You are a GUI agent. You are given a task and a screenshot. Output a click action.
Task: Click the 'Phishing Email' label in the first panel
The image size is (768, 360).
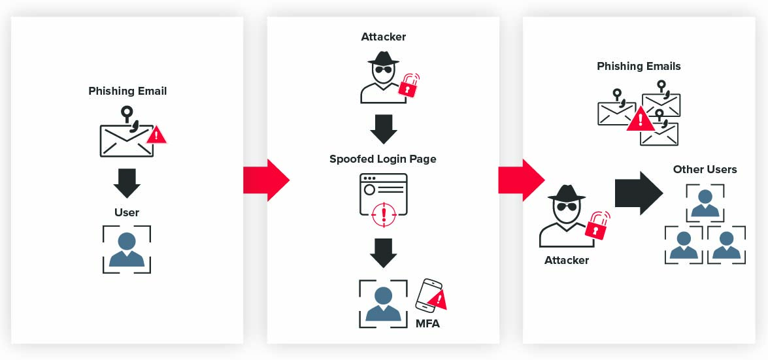[x=127, y=91]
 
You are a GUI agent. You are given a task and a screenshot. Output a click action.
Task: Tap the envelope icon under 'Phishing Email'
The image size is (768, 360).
[x=126, y=139]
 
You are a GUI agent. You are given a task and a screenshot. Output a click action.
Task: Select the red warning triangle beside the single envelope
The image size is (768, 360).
[x=156, y=135]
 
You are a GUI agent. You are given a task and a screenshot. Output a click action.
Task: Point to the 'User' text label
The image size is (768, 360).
[x=127, y=212]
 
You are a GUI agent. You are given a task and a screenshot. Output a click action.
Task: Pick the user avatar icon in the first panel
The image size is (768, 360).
[x=127, y=249]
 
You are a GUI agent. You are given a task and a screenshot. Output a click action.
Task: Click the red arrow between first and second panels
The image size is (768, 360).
[x=265, y=180]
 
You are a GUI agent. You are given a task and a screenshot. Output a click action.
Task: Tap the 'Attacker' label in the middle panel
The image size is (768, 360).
[x=384, y=37]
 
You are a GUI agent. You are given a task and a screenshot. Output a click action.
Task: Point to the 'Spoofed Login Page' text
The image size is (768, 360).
[x=383, y=159]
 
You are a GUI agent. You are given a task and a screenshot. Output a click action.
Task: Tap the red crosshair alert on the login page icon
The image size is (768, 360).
[x=384, y=214]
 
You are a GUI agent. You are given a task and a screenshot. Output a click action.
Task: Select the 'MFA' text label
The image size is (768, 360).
[x=428, y=323]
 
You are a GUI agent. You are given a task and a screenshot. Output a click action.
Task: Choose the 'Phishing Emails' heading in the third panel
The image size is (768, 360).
[x=639, y=66]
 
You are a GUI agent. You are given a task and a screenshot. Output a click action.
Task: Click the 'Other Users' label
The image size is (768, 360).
[x=705, y=169]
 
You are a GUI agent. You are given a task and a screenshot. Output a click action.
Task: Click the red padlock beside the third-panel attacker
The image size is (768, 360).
[x=597, y=226]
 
